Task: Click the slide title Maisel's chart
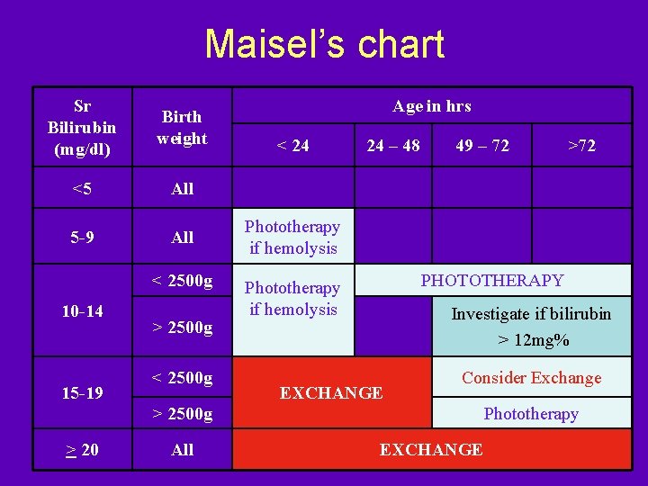point(324,44)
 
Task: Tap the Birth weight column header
point(182,127)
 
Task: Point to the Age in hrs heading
point(431,106)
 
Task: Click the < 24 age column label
point(292,145)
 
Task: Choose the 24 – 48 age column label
point(392,145)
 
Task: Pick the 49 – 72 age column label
point(482,145)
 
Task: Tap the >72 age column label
point(581,145)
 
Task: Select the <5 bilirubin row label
point(81,189)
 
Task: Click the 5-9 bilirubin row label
point(81,238)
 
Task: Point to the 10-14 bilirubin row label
point(81,311)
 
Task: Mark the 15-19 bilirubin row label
point(81,393)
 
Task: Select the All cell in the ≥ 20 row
point(182,450)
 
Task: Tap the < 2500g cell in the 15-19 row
point(182,377)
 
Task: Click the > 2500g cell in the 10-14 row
point(182,328)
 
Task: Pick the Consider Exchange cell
point(531,378)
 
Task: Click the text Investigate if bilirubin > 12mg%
point(531,328)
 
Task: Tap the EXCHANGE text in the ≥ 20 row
point(431,450)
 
